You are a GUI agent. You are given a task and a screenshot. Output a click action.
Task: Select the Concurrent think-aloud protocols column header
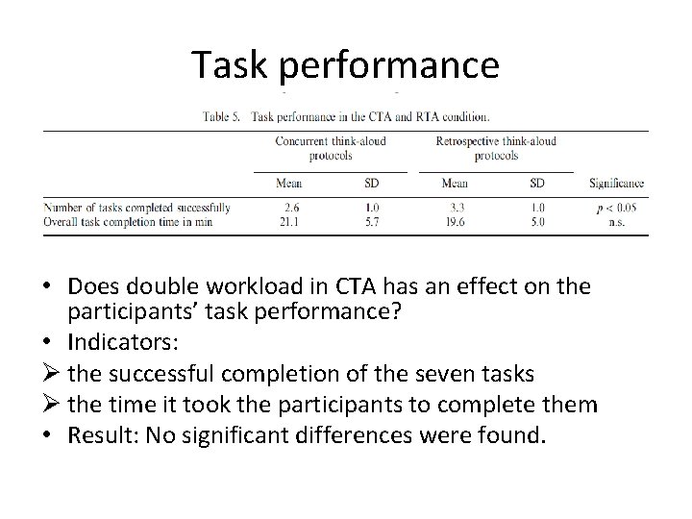(x=330, y=148)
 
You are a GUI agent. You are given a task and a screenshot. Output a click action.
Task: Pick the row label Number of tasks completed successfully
(x=137, y=207)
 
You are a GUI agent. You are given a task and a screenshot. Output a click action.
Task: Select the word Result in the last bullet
(x=101, y=436)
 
